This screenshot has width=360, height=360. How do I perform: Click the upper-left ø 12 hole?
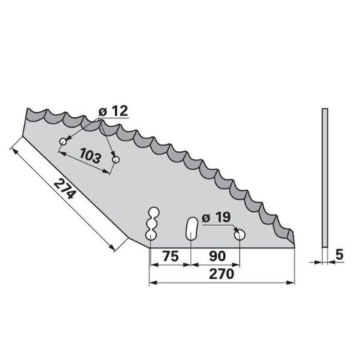[x=63, y=141]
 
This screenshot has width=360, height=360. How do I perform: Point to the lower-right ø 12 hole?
[x=116, y=159]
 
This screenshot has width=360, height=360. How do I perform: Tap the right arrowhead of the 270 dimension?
[x=292, y=283]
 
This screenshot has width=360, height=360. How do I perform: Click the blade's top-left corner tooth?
[x=27, y=112]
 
